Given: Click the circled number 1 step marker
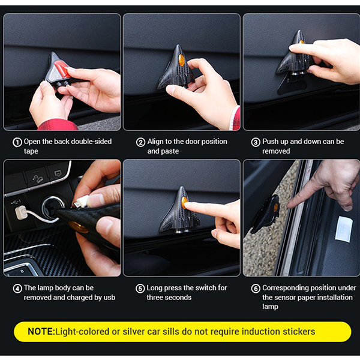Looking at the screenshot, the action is click(x=17, y=142).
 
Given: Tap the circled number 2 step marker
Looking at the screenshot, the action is click(x=140, y=142).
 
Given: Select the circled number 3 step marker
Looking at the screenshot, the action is click(x=256, y=142).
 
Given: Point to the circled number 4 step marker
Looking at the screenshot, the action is click(x=17, y=289).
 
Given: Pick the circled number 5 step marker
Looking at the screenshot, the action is click(x=140, y=289).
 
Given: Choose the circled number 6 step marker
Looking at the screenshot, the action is click(x=256, y=289).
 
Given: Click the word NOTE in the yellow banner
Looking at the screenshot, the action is click(x=40, y=332).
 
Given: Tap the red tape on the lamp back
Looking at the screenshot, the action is click(x=61, y=68).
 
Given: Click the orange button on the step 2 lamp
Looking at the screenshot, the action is click(x=181, y=60).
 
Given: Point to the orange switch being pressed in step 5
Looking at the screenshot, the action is click(x=184, y=202).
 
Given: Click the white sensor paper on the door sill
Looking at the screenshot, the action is click(x=343, y=229).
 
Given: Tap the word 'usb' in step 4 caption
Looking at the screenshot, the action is click(x=109, y=298).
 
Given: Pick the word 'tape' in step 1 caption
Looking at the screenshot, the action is click(x=31, y=151).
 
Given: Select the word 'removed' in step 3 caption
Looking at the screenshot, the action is click(x=276, y=151).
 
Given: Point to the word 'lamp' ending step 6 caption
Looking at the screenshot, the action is click(x=270, y=307).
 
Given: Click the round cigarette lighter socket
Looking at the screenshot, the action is click(x=52, y=207).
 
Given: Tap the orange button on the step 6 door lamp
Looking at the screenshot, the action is click(x=275, y=208).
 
